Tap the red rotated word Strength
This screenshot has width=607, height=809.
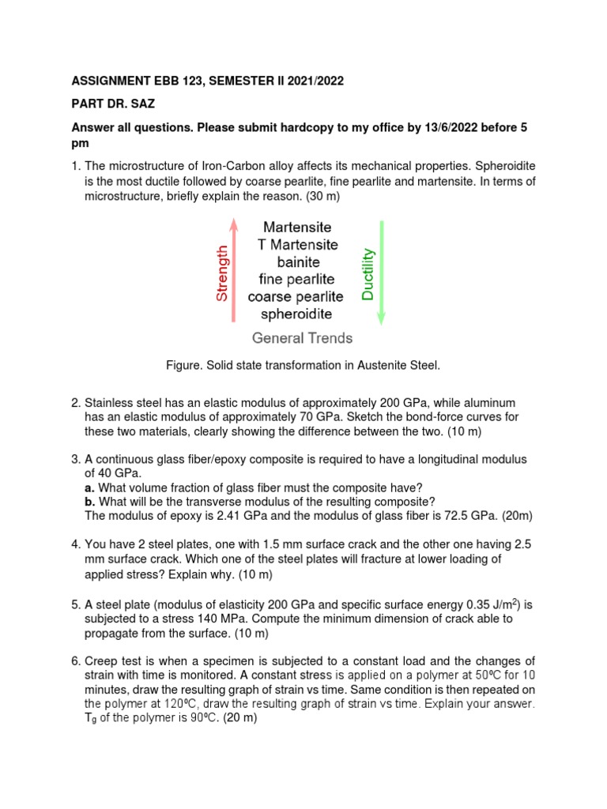point(222,273)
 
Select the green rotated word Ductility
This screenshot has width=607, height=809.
point(368,274)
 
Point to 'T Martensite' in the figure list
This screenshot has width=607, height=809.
point(297,244)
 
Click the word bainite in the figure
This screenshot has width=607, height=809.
point(297,262)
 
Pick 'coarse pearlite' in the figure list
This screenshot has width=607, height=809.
point(296,297)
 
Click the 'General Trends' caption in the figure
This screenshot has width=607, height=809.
point(302,338)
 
